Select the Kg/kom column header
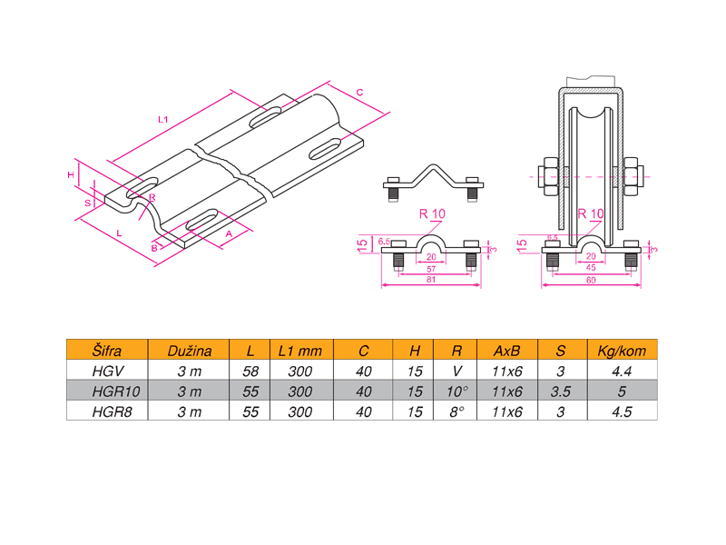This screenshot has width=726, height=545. (621, 351)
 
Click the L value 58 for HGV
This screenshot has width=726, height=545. (250, 371)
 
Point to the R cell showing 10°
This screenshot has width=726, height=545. (457, 391)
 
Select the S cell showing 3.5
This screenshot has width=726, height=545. (561, 391)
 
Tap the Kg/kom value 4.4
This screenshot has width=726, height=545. (621, 371)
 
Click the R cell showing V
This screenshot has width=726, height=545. (456, 371)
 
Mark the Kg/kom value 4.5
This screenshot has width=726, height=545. (621, 411)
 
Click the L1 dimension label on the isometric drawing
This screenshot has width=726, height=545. (163, 119)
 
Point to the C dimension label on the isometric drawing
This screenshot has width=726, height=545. (359, 93)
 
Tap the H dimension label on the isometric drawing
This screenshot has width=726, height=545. (70, 173)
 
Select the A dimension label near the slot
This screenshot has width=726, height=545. (228, 234)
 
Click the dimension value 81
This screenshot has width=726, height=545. (431, 280)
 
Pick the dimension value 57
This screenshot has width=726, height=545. (431, 269)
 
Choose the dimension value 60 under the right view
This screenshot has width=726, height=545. (591, 280)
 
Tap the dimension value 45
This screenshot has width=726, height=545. (591, 268)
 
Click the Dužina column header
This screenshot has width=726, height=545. (190, 351)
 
